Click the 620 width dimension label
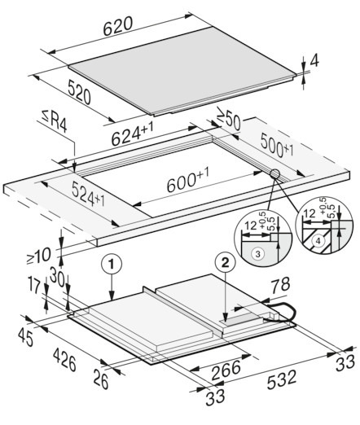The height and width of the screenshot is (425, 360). pyautogui.click(x=118, y=26)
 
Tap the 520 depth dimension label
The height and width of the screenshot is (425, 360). pyautogui.click(x=79, y=92)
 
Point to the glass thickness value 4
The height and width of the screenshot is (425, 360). pyautogui.click(x=314, y=61)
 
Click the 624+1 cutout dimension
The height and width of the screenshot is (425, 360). pyautogui.click(x=133, y=134)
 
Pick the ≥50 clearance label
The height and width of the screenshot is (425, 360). pyautogui.click(x=229, y=119)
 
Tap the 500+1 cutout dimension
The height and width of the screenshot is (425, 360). pyautogui.click(x=277, y=146)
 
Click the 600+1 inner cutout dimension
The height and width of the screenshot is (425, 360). pyautogui.click(x=188, y=180)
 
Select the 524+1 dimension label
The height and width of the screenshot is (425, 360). pyautogui.click(x=88, y=194)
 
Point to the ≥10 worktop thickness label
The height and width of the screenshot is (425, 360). pyautogui.click(x=38, y=256)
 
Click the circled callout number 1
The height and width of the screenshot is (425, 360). pyautogui.click(x=112, y=264)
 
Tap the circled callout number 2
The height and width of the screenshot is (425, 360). pyautogui.click(x=225, y=263)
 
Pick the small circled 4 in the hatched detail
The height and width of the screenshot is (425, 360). pyautogui.click(x=318, y=240)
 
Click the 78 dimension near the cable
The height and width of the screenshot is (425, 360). pyautogui.click(x=281, y=285)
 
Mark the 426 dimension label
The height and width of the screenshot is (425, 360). pyautogui.click(x=64, y=360)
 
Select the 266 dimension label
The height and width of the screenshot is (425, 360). pyautogui.click(x=226, y=370)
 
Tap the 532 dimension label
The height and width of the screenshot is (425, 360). pyautogui.click(x=282, y=379)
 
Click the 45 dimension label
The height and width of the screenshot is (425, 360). pyautogui.click(x=26, y=337)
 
